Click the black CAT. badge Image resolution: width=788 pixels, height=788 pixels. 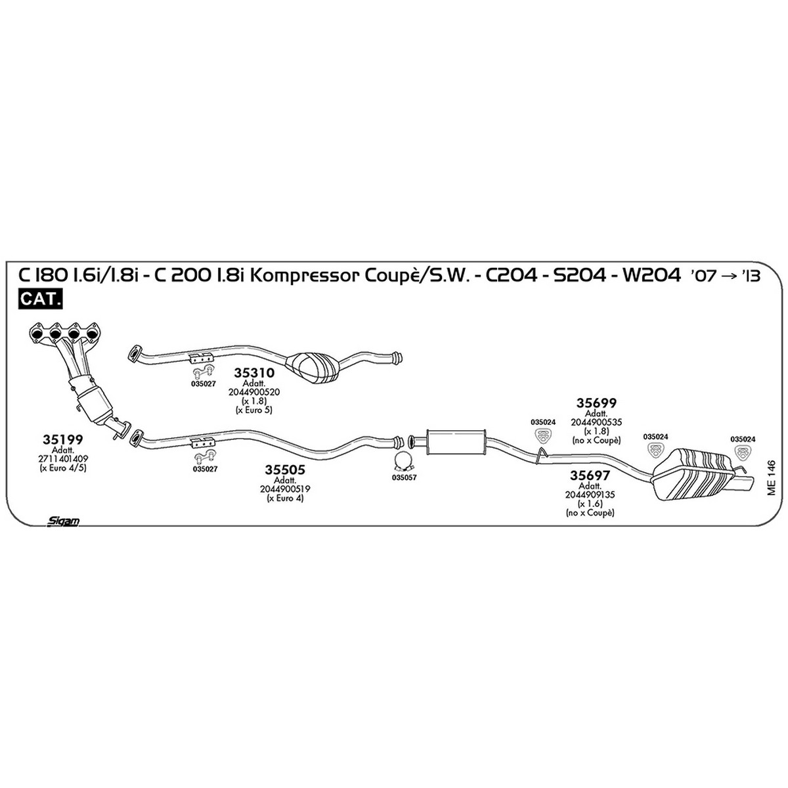[40, 299]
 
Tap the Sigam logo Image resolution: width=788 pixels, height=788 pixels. [64, 521]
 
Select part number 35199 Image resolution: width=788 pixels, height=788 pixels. [62, 439]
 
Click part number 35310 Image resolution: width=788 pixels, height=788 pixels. [254, 373]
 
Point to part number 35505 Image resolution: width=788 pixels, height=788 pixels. [284, 470]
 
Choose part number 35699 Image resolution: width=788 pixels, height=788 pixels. [596, 403]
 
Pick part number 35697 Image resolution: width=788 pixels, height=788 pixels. [590, 475]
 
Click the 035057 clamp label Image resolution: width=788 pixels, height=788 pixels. [404, 477]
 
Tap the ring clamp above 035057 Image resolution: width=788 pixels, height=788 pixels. [404, 460]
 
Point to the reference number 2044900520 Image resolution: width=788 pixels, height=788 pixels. [254, 392]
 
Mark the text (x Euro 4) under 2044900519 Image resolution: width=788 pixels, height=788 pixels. [284, 498]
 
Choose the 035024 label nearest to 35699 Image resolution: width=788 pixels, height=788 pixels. [543, 422]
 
